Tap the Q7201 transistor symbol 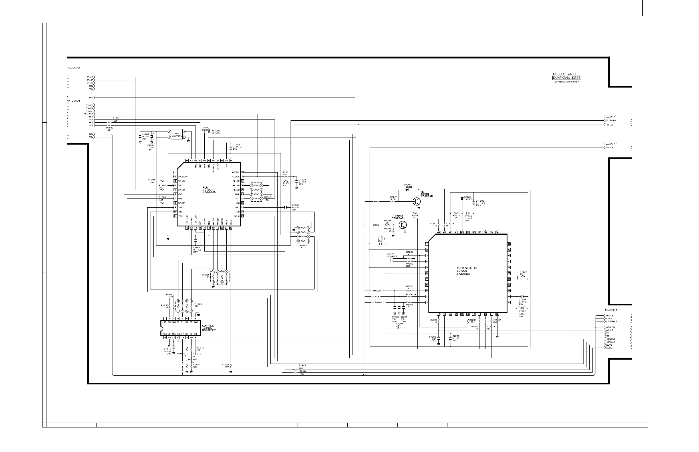pyautogui.click(x=416, y=202)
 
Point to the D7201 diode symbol pyautogui.click(x=407, y=190)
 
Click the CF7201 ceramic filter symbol pyautogui.click(x=391, y=260)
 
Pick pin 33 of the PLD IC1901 pyautogui.click(x=243, y=173)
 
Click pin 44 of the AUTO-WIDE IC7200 pyautogui.click(x=438, y=232)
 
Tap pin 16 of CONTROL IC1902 pyautogui.click(x=165, y=338)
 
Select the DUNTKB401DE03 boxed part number pyautogui.click(x=567, y=78)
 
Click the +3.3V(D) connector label pyautogui.click(x=610, y=120)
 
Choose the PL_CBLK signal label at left pyautogui.click(x=89, y=114)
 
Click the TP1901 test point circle pyautogui.click(x=204, y=132)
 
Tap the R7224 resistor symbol pyautogui.click(x=523, y=276)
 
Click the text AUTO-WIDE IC pyautogui.click(x=467, y=268)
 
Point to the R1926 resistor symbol pyautogui.click(x=231, y=366)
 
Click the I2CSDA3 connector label pyautogui.click(x=610, y=339)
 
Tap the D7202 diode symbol pyautogui.click(x=462, y=199)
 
